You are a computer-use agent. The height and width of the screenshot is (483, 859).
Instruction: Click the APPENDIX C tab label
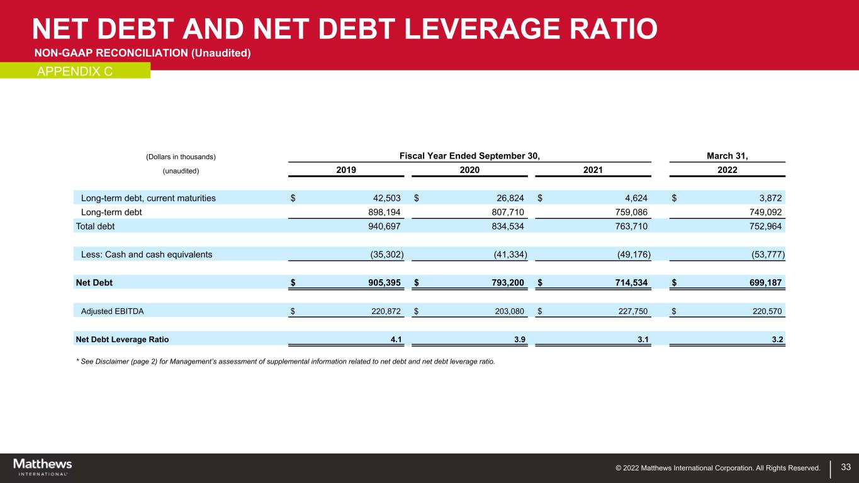(75, 71)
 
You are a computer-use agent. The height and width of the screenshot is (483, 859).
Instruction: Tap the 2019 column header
(345, 170)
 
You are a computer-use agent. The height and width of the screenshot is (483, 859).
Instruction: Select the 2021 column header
(592, 170)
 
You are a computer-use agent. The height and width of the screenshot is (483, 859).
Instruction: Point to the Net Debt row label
(94, 283)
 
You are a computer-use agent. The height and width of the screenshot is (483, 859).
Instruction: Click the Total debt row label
(95, 226)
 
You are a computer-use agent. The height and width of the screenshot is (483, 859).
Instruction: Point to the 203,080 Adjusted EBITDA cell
(508, 311)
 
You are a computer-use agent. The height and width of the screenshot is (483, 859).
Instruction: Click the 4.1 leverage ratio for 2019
(396, 340)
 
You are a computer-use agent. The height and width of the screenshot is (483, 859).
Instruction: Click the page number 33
(846, 467)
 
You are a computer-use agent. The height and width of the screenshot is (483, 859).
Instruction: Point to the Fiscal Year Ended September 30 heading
(469, 156)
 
